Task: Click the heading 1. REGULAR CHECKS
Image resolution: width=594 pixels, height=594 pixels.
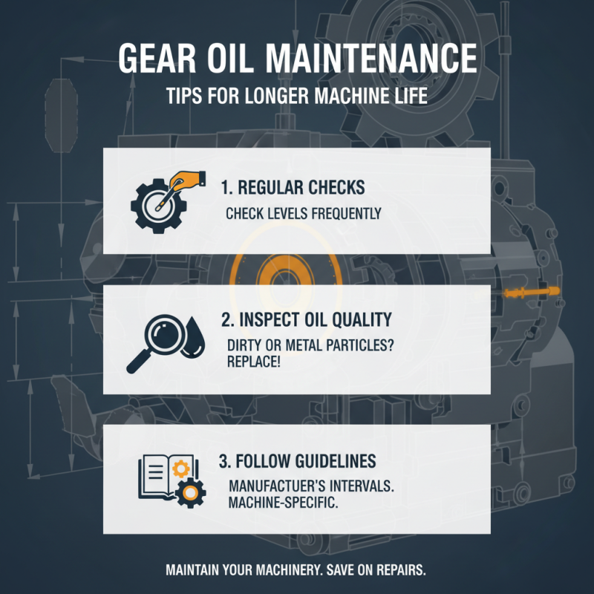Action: [x=293, y=187]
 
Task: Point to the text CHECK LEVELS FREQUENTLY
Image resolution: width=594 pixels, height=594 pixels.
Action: [x=303, y=214]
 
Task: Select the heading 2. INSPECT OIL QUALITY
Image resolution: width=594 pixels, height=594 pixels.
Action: [x=306, y=320]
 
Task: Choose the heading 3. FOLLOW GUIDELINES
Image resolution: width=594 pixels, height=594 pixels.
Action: [x=297, y=461]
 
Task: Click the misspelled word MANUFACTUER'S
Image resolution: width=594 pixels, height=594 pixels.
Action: [x=278, y=486]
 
